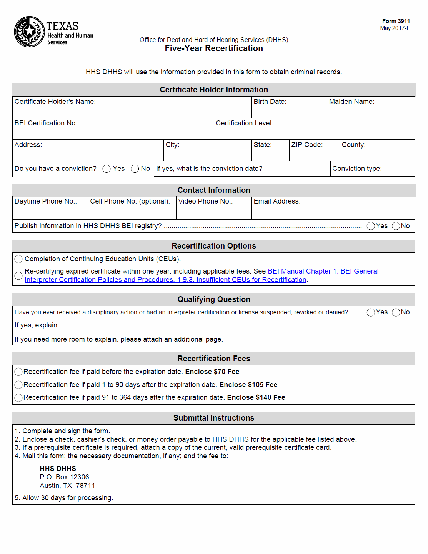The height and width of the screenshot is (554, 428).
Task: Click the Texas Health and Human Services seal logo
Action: pyautogui.click(x=29, y=32)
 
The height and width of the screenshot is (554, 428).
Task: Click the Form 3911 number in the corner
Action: pyautogui.click(x=396, y=21)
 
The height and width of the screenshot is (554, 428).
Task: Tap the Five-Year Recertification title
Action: pyautogui.click(x=214, y=48)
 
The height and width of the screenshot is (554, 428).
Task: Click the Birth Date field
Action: pyautogui.click(x=289, y=110)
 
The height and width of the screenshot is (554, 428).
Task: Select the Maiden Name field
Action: pyautogui.click(x=371, y=110)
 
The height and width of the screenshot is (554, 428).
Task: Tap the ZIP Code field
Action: pyautogui.click(x=314, y=153)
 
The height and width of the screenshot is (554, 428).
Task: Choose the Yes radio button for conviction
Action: pyautogui.click(x=107, y=169)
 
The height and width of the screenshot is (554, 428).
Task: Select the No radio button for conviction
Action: pyautogui.click(x=135, y=169)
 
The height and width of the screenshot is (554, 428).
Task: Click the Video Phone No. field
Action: pyautogui.click(x=214, y=211)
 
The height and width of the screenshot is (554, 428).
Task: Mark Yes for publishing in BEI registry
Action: pyautogui.click(x=371, y=226)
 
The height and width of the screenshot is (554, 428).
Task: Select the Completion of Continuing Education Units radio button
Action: pyautogui.click(x=18, y=259)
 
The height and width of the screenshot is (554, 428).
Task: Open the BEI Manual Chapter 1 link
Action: pyautogui.click(x=323, y=271)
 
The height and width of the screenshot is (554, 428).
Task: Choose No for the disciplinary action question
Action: pyautogui.click(x=396, y=312)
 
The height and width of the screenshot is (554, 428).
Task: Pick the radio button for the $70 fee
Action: pyautogui.click(x=18, y=372)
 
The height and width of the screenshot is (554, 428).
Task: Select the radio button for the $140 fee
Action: pyautogui.click(x=18, y=398)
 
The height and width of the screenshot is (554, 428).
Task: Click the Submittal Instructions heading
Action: pyautogui.click(x=214, y=418)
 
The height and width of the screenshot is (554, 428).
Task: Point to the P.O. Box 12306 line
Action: pyautogui.click(x=64, y=477)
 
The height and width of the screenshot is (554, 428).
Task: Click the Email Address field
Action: pyautogui.click(x=333, y=211)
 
